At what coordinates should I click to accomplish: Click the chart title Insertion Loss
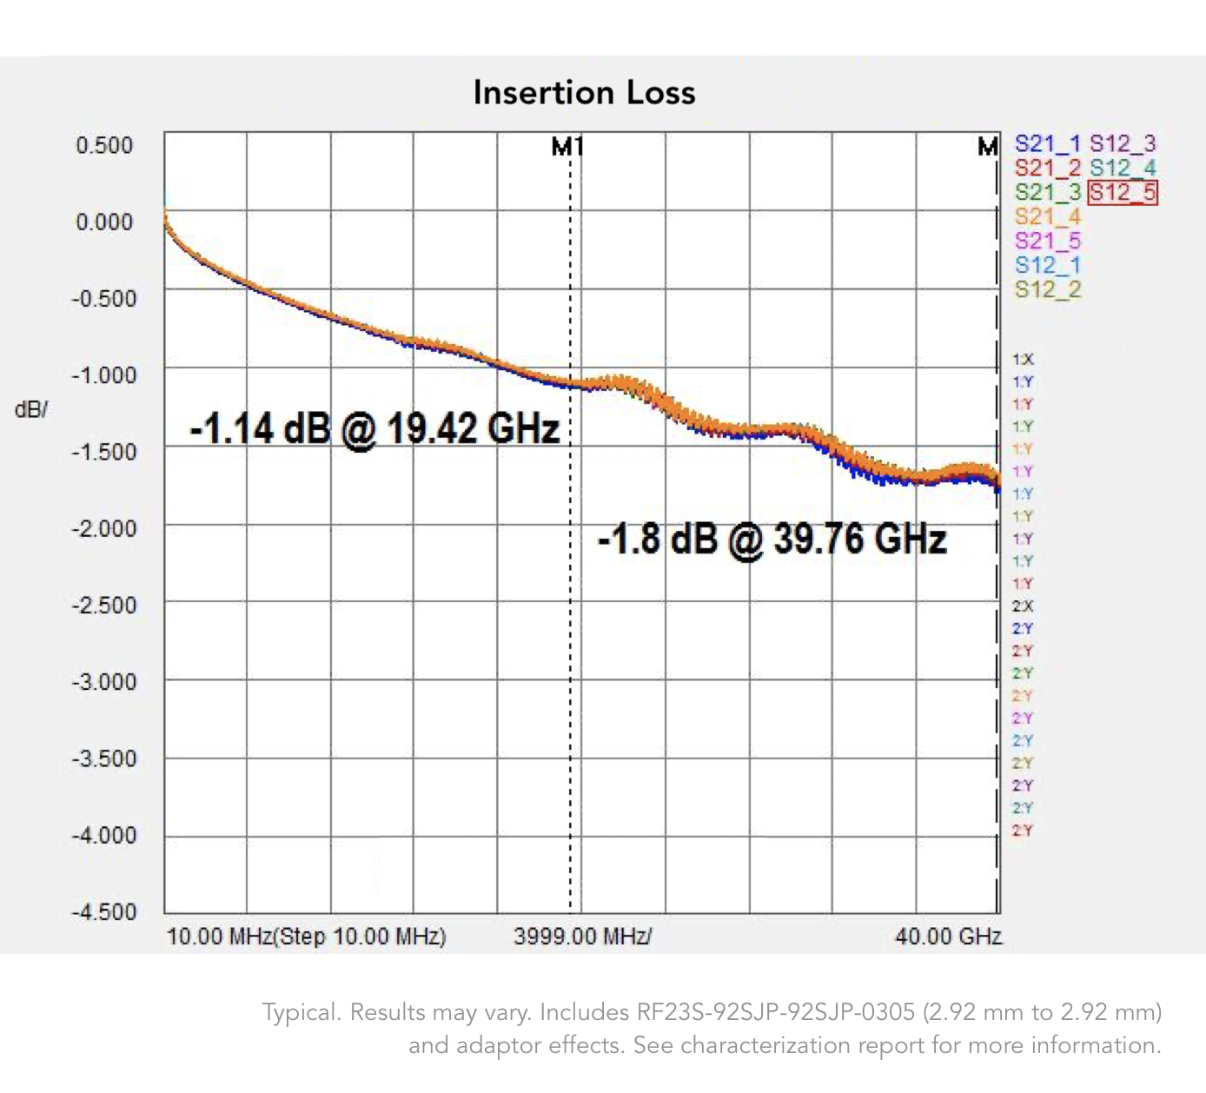click(584, 93)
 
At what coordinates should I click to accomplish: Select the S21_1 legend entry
click(1047, 144)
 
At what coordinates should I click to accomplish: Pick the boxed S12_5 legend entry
click(1123, 192)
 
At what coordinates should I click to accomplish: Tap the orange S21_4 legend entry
click(1047, 216)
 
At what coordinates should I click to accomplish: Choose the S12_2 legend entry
click(1047, 289)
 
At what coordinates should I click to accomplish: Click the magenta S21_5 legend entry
click(1047, 241)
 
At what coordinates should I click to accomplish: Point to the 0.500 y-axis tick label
click(104, 145)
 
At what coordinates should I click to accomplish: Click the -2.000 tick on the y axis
click(104, 528)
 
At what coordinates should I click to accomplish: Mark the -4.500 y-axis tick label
click(104, 911)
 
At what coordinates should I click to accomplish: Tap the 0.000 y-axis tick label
click(104, 222)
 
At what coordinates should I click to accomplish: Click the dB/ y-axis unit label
click(31, 409)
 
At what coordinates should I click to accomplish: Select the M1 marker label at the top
click(567, 147)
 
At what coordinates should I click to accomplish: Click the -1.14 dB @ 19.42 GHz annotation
click(374, 428)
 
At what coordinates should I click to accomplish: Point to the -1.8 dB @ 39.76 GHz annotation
click(772, 539)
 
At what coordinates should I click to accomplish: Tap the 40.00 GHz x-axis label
click(948, 936)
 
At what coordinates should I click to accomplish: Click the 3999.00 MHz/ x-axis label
click(582, 936)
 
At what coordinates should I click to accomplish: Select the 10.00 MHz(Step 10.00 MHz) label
click(306, 936)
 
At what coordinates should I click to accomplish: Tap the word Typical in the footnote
click(301, 1012)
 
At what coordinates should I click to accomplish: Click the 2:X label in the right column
click(1023, 606)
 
